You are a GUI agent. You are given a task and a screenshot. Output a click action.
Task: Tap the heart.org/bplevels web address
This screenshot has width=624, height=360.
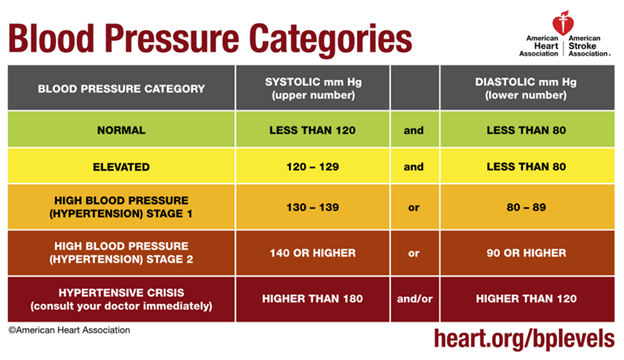point(523,339)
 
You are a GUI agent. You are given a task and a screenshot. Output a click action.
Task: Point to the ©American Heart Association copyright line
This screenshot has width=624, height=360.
point(69,329)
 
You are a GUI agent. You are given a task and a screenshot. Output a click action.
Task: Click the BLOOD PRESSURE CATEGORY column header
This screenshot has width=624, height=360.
point(121,88)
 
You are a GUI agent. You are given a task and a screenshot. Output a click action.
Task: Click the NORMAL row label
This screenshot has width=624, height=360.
point(121,130)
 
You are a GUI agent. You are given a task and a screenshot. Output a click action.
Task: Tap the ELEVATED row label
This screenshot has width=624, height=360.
point(121,167)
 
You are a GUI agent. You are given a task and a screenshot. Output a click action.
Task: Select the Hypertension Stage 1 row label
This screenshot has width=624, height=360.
point(121,208)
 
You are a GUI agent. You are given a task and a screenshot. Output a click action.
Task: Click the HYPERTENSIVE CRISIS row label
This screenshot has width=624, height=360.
point(121,298)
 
